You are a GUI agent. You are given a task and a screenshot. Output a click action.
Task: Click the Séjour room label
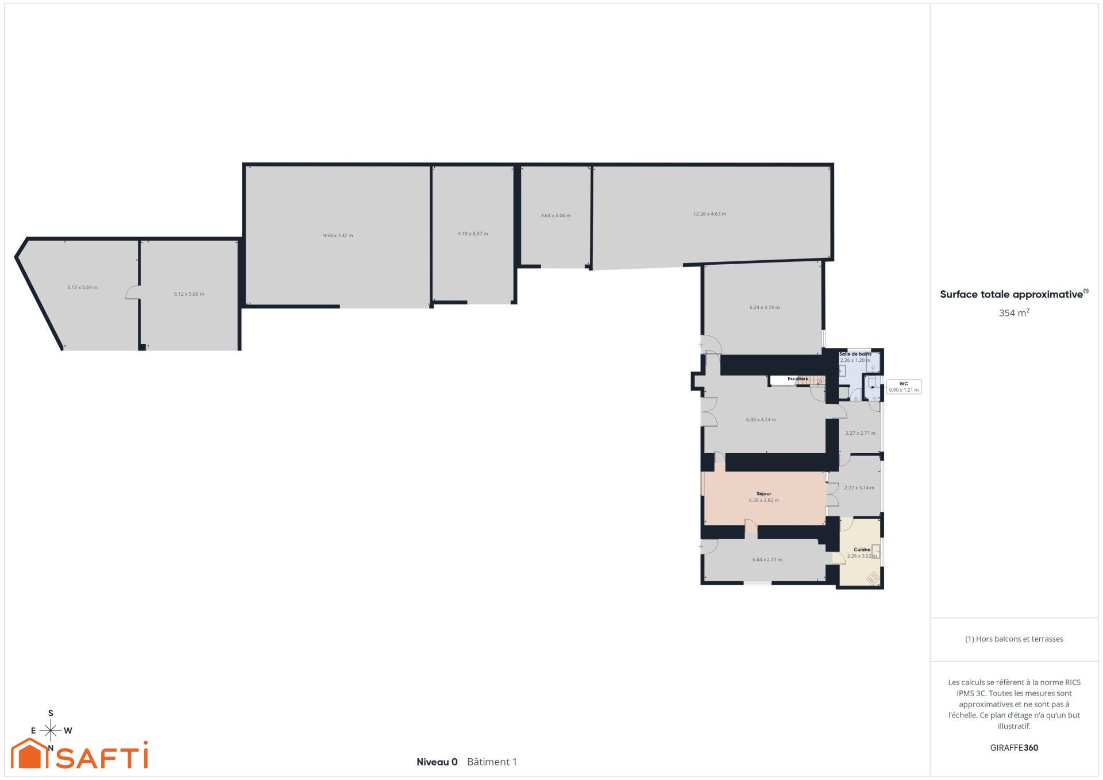[763, 494]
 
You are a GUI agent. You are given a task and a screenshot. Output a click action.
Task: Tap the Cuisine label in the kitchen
[862, 550]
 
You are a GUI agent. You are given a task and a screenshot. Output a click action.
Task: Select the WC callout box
[904, 387]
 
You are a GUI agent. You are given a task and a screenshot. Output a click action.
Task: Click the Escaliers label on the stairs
[797, 379]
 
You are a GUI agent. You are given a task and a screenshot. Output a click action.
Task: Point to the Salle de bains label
[855, 354]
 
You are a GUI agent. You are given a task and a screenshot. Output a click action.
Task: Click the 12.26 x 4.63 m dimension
[709, 214]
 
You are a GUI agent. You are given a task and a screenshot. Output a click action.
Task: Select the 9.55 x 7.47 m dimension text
[338, 235]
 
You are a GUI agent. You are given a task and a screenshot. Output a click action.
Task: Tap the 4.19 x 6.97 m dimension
[473, 234]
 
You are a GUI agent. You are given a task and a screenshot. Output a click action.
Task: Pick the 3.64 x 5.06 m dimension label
[556, 216]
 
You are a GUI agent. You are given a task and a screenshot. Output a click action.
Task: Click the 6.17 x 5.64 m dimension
[82, 287]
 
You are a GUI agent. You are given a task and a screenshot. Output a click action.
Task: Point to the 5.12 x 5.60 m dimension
[189, 294]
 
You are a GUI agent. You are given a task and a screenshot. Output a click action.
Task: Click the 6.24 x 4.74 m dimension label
[764, 307]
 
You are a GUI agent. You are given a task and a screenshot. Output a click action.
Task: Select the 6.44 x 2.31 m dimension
[767, 559]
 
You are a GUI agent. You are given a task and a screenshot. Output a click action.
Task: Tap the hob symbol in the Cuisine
[873, 577]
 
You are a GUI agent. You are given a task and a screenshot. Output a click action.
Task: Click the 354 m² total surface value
[1014, 313]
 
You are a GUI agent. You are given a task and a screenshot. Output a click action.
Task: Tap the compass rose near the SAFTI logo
[51, 731]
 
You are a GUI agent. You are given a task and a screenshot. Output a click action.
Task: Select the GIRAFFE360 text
[1014, 748]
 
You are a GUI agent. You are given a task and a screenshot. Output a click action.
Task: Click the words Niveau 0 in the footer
[437, 762]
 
